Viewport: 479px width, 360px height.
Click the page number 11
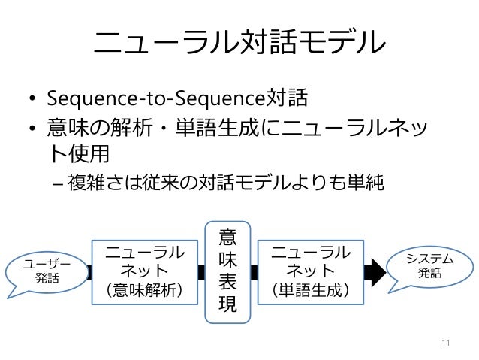point(446,344)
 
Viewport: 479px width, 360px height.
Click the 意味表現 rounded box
point(227,271)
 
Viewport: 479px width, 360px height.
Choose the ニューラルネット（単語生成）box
point(309,271)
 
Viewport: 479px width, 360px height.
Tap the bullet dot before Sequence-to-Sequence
point(33,100)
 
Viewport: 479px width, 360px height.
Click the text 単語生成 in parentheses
point(309,289)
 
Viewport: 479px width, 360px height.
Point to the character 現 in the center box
point(227,304)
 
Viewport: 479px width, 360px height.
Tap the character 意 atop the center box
point(227,237)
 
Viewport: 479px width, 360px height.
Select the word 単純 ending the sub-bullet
point(365,183)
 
